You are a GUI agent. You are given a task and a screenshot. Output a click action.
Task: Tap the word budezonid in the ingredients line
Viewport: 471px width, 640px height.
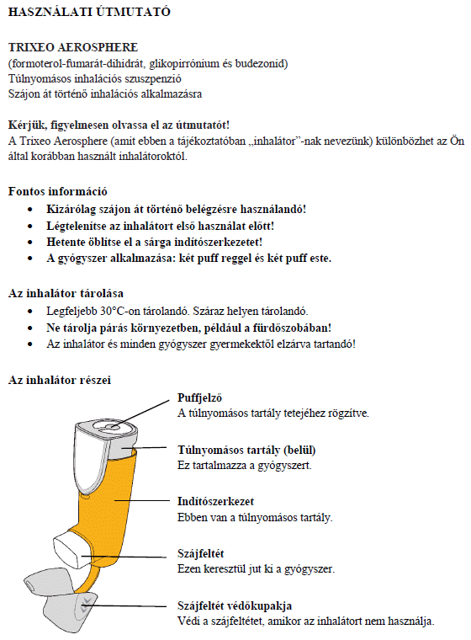click(262, 63)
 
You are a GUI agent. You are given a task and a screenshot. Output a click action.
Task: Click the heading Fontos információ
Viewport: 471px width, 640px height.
click(57, 191)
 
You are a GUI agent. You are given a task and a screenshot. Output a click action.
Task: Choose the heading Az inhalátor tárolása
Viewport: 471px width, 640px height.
click(66, 294)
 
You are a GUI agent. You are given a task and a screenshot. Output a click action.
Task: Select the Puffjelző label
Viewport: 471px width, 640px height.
click(199, 397)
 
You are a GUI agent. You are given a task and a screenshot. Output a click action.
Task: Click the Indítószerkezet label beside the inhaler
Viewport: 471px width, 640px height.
click(214, 501)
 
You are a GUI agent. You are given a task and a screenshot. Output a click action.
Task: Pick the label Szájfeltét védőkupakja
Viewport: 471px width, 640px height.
click(235, 605)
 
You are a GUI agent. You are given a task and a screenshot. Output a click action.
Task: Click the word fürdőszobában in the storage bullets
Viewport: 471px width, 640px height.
click(294, 328)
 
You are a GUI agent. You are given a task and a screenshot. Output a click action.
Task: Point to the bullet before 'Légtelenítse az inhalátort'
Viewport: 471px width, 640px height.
click(31, 226)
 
